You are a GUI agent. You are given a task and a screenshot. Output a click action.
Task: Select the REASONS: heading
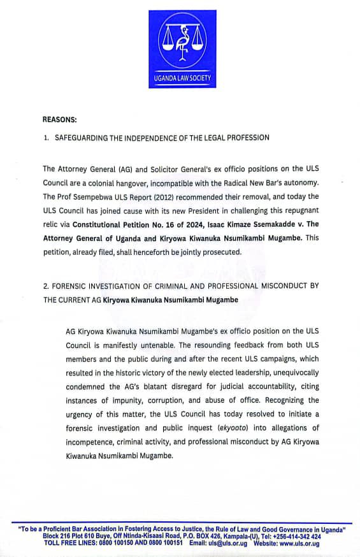[x=60, y=119]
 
